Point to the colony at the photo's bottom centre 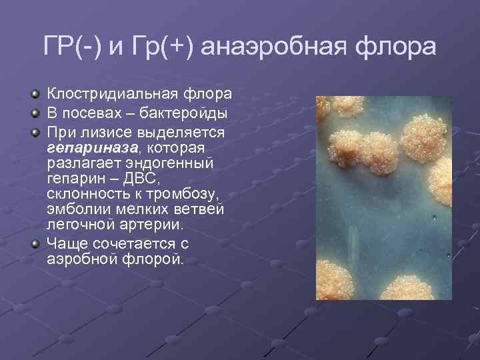click(x=401, y=287)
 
